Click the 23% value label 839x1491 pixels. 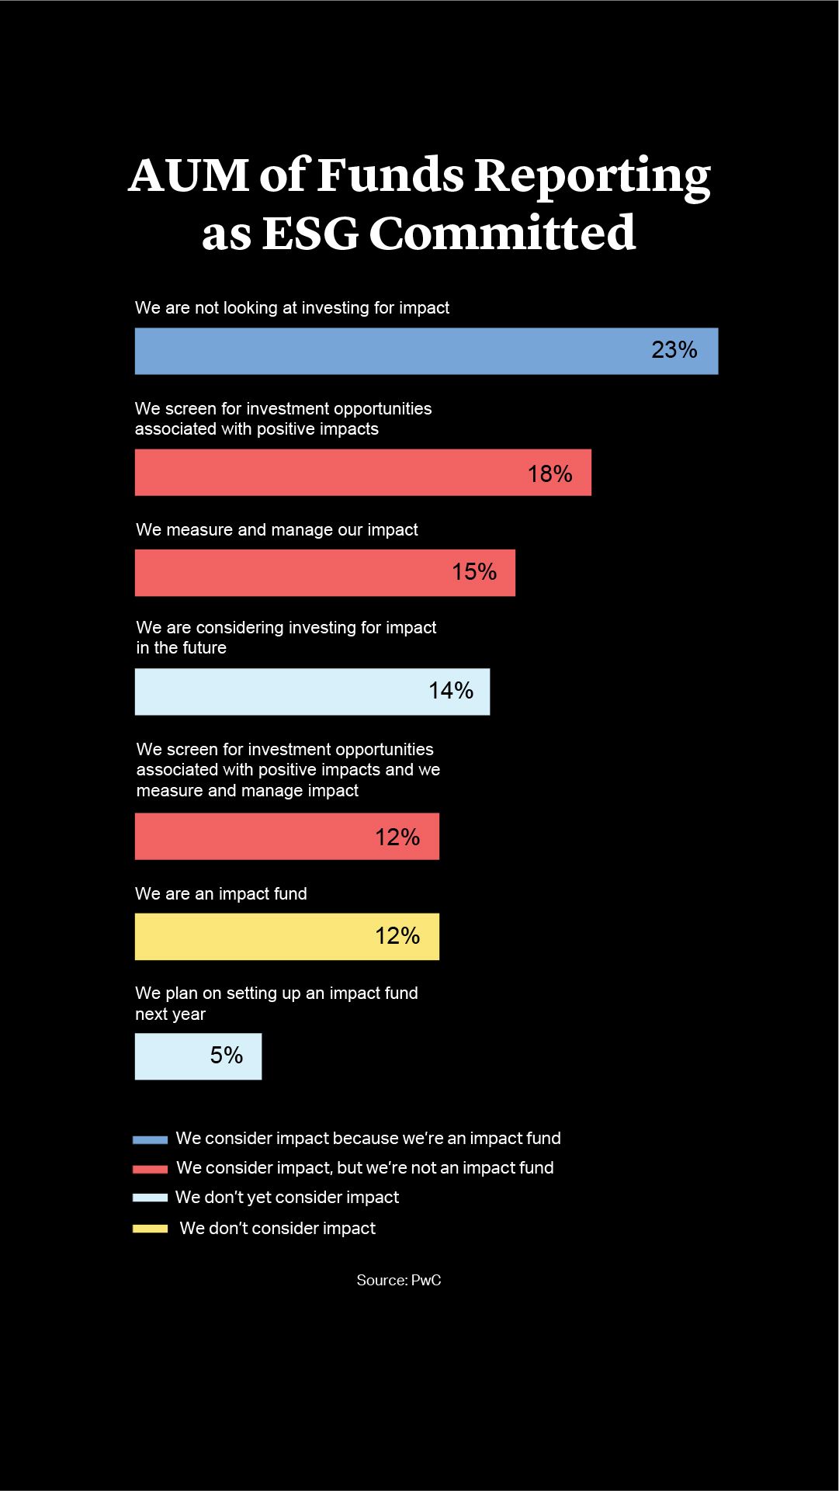point(674,350)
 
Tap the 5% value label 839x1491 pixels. point(226,1055)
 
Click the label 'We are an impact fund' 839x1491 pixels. point(221,893)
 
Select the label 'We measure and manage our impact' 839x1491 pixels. point(277,529)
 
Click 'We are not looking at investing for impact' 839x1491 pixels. point(292,307)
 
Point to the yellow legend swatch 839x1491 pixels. point(150,1228)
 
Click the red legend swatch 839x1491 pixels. point(150,1168)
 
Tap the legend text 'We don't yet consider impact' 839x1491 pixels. point(287,1197)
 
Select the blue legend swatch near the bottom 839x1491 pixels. point(150,1139)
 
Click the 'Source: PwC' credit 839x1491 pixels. point(399,1280)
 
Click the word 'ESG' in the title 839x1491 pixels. point(310,233)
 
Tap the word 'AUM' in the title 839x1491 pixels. point(189,175)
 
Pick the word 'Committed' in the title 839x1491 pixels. point(502,233)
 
